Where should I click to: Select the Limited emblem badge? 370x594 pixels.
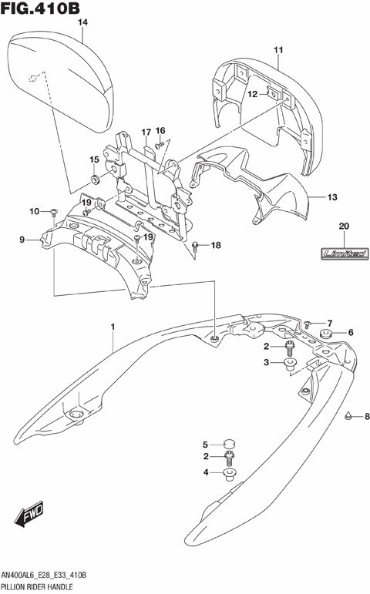(x=344, y=253)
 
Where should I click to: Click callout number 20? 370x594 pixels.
(x=344, y=226)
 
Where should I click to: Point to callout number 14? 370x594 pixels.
(x=82, y=23)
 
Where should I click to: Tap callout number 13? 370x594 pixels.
(x=332, y=197)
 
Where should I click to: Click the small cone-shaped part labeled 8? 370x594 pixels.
(x=349, y=416)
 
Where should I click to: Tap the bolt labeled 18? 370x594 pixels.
(x=197, y=247)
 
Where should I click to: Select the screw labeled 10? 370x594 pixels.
(x=55, y=210)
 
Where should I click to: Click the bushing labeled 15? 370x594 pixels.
(x=95, y=179)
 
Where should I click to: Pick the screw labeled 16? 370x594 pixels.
(x=157, y=144)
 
